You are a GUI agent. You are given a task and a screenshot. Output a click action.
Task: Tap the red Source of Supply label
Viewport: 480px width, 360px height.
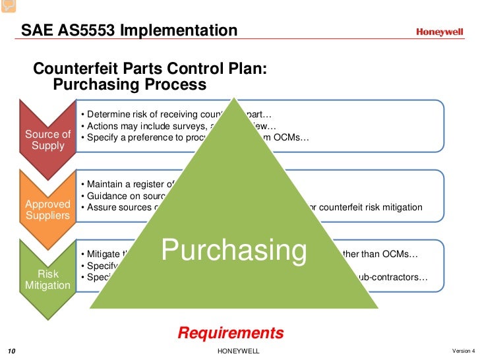pos(47,140)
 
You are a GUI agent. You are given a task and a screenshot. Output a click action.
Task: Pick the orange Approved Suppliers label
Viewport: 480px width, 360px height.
pos(47,210)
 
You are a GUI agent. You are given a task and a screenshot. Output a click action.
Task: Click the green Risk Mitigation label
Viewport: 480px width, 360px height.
pos(47,280)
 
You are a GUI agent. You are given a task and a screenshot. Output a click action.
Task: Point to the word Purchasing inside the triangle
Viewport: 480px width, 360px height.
pos(234,251)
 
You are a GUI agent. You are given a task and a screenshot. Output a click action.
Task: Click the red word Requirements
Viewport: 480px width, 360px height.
pos(231,333)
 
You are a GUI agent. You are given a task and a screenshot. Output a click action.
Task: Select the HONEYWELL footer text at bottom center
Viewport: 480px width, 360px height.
pos(238,350)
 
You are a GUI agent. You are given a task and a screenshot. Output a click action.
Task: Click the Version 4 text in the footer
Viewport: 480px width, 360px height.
pos(464,349)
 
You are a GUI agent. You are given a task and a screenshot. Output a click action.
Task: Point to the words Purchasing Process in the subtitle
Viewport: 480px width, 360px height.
pos(129,85)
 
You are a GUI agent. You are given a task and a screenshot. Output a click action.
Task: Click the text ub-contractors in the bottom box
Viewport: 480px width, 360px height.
pos(392,278)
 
